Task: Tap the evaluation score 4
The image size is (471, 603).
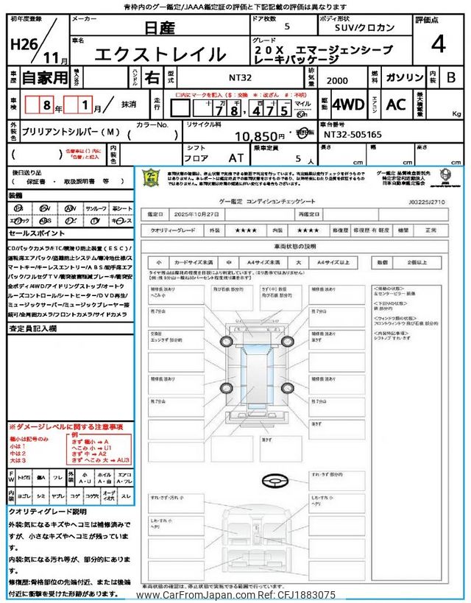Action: [x=439, y=44]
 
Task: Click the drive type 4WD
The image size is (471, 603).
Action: [x=347, y=105]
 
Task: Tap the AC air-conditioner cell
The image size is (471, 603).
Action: [x=396, y=105]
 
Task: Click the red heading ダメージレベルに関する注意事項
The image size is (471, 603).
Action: [x=66, y=427]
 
